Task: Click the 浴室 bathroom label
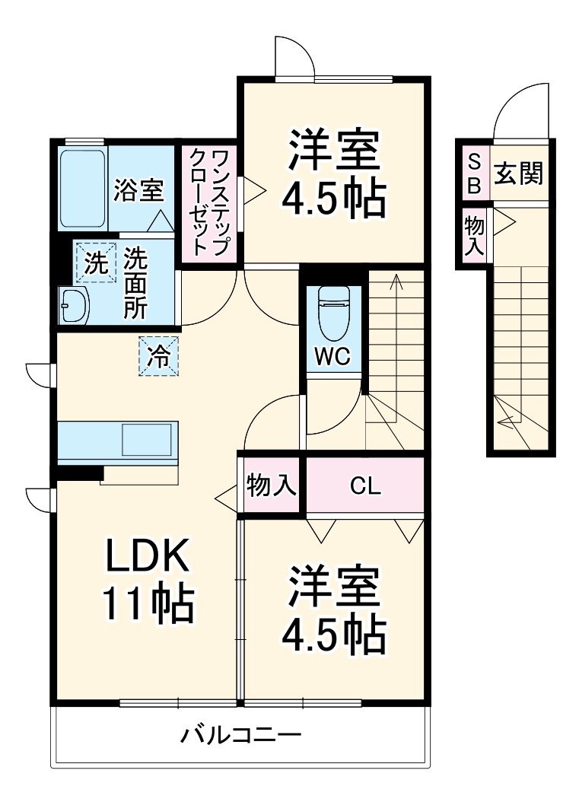coord(138,189)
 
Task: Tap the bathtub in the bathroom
coord(81,188)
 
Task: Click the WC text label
coord(332,358)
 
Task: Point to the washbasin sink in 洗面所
coord(75,306)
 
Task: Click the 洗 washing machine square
coord(95,263)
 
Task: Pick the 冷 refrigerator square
coord(158,355)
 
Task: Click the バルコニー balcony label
coord(241,736)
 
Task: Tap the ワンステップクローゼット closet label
coord(208,202)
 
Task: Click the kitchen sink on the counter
coord(148,441)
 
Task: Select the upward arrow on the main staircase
coord(395,283)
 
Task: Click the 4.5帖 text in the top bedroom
coord(332,199)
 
